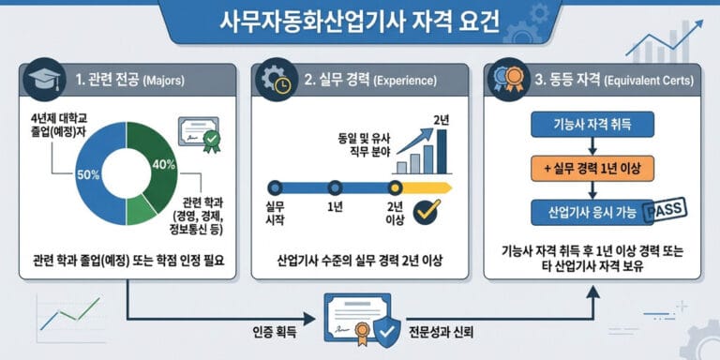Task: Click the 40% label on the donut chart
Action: point(164,165)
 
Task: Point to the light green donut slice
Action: point(142,210)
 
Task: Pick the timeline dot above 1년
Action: point(333,187)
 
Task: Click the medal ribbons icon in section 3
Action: point(506,80)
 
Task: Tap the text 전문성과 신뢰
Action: point(453,333)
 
